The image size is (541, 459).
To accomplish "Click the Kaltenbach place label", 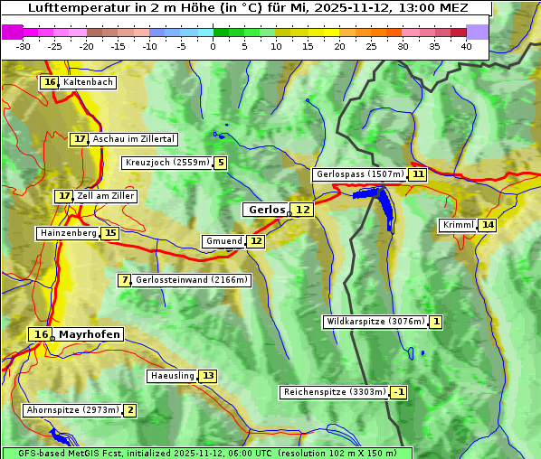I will point(88,82).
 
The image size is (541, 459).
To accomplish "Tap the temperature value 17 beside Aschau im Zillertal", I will point(80,139).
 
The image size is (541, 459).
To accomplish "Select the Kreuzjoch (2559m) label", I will point(166,163).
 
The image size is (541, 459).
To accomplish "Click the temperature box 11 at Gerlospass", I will point(417,174).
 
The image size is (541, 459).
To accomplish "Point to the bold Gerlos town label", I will point(266,210).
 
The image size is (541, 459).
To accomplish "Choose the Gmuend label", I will point(223,241).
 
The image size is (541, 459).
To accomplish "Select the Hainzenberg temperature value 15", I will point(110,233).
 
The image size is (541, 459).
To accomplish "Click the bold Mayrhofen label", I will point(89,334).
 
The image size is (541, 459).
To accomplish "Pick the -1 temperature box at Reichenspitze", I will point(398,392).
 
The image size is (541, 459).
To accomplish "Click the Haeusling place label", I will point(171,376).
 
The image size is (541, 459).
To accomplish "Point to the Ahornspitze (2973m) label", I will point(72,410).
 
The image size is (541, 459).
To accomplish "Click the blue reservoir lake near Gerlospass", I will point(384,203).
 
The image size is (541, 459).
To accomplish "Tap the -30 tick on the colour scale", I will point(24,46).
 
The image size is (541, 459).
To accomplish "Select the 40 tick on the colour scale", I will point(466,46).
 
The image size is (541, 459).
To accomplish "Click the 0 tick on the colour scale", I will point(214,46).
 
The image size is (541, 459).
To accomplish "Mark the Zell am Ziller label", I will point(106,196).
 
